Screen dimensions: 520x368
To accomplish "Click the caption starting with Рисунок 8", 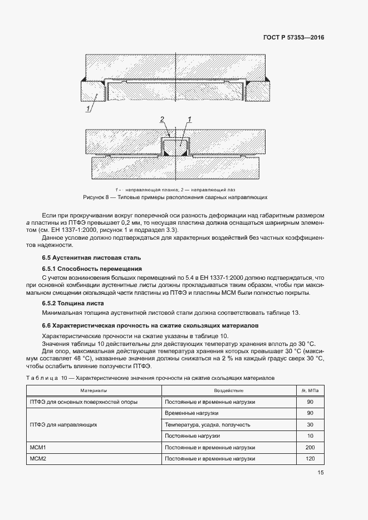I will pos(175,197).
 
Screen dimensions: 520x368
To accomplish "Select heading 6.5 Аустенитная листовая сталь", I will pos(91,257).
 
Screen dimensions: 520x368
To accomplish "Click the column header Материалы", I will pos(94,391).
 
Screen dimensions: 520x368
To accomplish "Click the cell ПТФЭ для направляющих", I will pos(63,424).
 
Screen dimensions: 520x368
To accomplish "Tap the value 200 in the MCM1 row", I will pos(311,447).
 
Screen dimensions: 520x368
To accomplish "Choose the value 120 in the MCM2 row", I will pos(311,459).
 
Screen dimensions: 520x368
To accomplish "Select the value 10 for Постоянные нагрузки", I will pos(311,435).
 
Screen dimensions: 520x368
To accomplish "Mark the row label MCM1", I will pos(37,447).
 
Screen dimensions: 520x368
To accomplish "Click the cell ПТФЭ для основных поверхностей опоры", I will pos(83,402).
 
